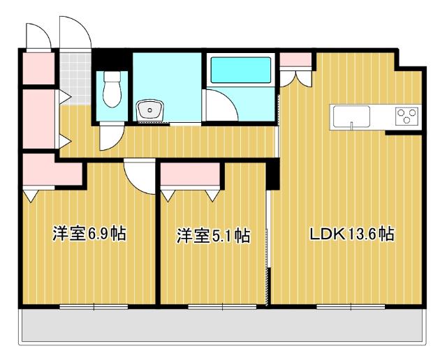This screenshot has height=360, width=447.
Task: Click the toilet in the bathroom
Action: coord(111,91)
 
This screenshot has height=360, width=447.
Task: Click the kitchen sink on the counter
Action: coord(352,116)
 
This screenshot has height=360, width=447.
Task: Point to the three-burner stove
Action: coord(406,116)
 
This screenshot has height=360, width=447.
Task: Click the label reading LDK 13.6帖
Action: coord(352,235)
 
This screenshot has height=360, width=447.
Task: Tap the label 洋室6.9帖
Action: coord(89,234)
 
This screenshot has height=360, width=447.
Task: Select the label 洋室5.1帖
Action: coord(213,236)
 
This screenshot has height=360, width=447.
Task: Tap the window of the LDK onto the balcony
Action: coord(342,306)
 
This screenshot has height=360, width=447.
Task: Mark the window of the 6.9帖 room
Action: coord(94,306)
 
